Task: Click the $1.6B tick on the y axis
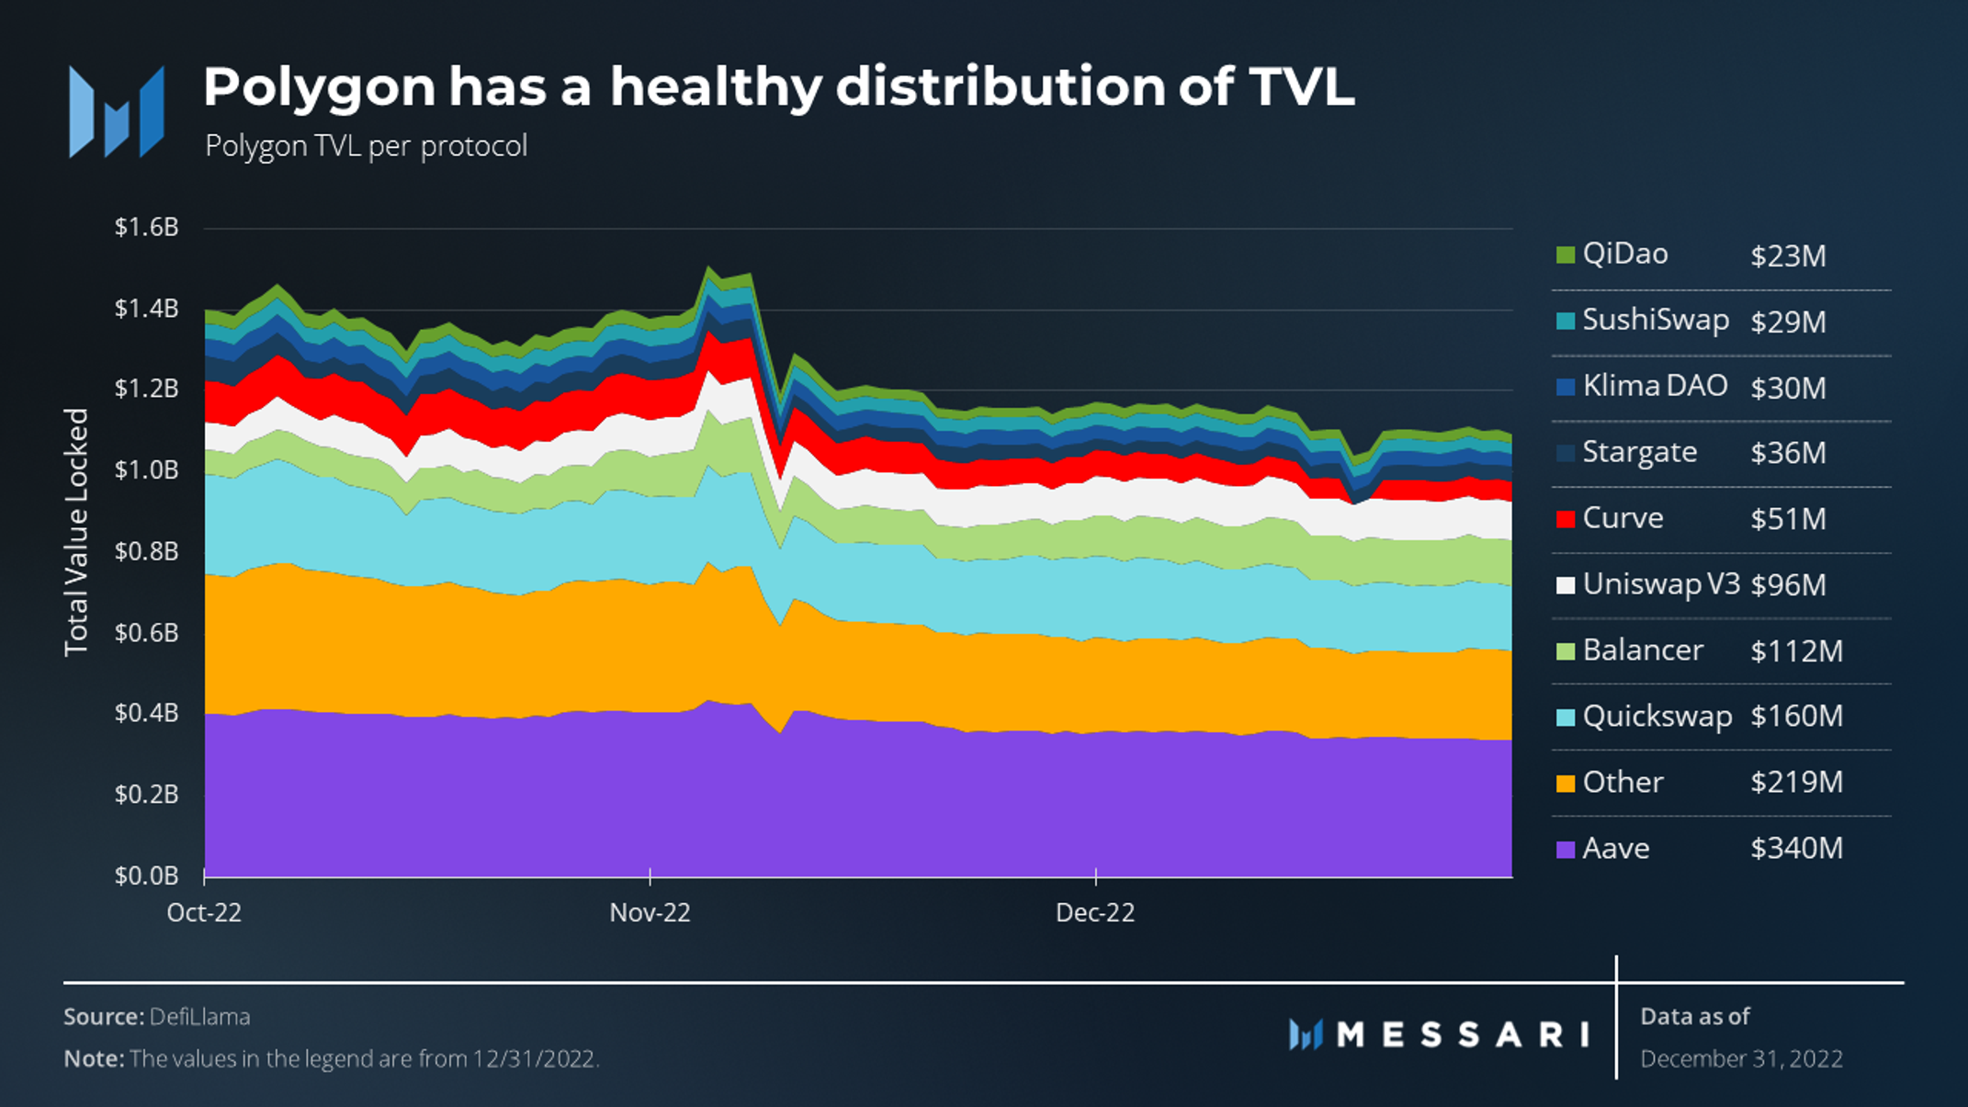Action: (x=146, y=227)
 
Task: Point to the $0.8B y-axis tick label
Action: (x=146, y=551)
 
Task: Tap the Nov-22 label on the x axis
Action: (x=650, y=912)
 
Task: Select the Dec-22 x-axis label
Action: (x=1095, y=912)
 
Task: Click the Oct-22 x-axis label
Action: (x=204, y=912)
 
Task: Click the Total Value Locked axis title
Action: (x=76, y=532)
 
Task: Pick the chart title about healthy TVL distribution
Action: (x=778, y=87)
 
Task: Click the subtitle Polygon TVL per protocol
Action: (x=366, y=146)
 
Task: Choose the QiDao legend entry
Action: (x=1624, y=254)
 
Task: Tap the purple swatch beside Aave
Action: (x=1566, y=849)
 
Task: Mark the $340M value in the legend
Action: (x=1796, y=848)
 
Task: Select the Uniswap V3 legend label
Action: (x=1660, y=584)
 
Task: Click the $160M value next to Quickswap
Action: (x=1796, y=716)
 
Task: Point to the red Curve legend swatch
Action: (x=1566, y=519)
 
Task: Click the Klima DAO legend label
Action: (x=1655, y=386)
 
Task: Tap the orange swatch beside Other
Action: (x=1566, y=783)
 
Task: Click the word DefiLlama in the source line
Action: (x=199, y=1017)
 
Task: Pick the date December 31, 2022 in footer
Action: (x=1741, y=1059)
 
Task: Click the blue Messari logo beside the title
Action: (x=117, y=112)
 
